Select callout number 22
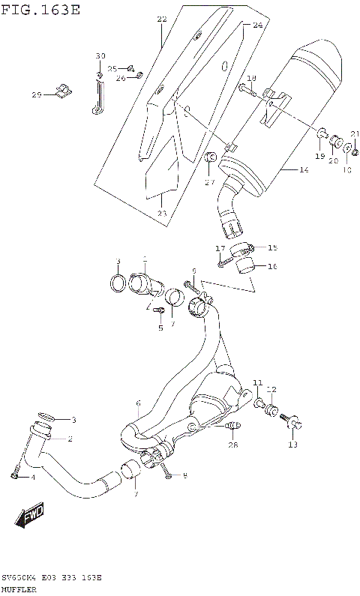pyautogui.click(x=161, y=19)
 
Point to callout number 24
pyautogui.click(x=257, y=25)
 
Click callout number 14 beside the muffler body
pyautogui.click(x=303, y=171)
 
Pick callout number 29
pyautogui.click(x=36, y=94)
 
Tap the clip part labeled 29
pyautogui.click(x=64, y=92)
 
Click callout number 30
pyautogui.click(x=100, y=57)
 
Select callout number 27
pyautogui.click(x=209, y=181)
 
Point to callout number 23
pyautogui.click(x=162, y=214)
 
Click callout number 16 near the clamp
pyautogui.click(x=272, y=267)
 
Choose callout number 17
pyautogui.click(x=220, y=249)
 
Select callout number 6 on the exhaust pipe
pyautogui.click(x=138, y=403)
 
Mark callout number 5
pyautogui.click(x=160, y=328)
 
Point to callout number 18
pyautogui.click(x=251, y=79)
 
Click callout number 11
pyautogui.click(x=256, y=383)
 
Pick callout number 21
pyautogui.click(x=354, y=134)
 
